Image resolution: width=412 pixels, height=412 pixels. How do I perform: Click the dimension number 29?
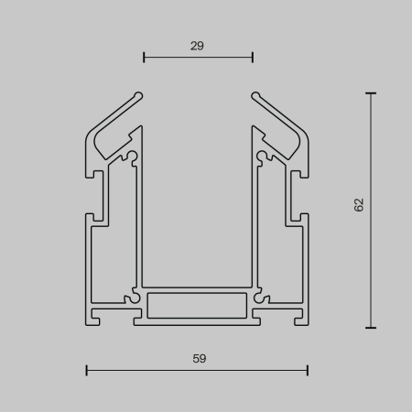pyautogui.click(x=198, y=43)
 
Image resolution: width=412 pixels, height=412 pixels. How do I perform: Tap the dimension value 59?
pyautogui.click(x=199, y=359)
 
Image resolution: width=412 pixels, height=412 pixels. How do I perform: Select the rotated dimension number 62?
pyautogui.click(x=359, y=205)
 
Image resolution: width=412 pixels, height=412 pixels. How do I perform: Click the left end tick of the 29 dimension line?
pyautogui.click(x=144, y=59)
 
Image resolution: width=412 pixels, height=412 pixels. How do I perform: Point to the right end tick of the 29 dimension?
pyautogui.click(x=253, y=59)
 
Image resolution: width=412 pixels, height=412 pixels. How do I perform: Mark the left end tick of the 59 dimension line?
pyautogui.click(x=86, y=370)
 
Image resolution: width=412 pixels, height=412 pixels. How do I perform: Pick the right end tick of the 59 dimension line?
pyautogui.click(x=308, y=370)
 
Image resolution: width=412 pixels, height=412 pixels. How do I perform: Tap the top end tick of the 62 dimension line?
pyautogui.click(x=371, y=92)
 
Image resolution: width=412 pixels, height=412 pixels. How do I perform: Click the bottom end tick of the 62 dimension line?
pyautogui.click(x=371, y=327)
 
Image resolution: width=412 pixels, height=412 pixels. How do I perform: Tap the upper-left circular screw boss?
pyautogui.click(x=134, y=157)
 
